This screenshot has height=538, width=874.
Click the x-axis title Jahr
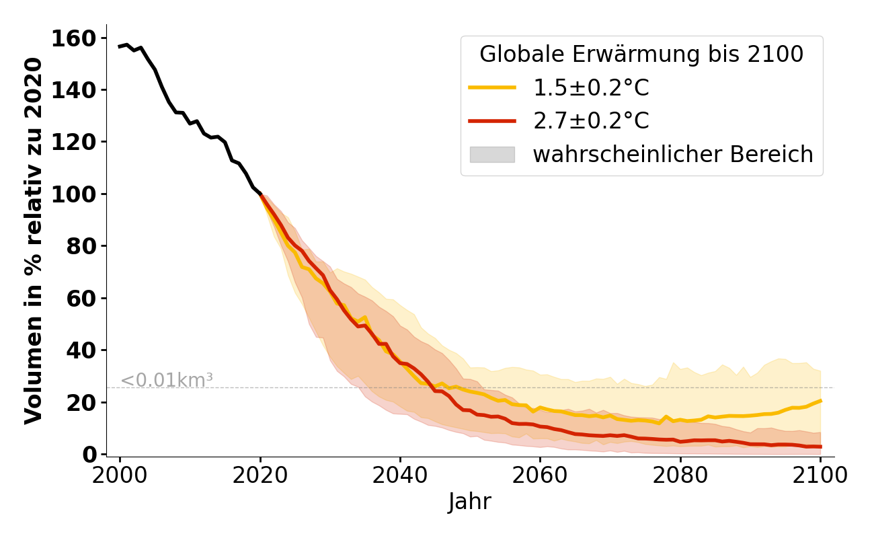[470, 502]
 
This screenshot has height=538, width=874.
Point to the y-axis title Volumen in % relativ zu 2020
[34, 241]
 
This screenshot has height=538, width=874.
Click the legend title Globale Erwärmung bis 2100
[641, 54]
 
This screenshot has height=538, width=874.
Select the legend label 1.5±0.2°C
[591, 88]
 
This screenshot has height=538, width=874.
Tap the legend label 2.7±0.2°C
[591, 121]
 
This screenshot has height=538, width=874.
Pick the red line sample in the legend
[492, 121]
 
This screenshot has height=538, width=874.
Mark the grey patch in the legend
[492, 155]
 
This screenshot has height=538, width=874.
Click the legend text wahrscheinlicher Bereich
[673, 155]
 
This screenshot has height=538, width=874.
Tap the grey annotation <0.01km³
[167, 380]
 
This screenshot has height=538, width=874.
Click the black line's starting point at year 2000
[120, 46]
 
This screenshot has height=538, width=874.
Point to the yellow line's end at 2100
[820, 401]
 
